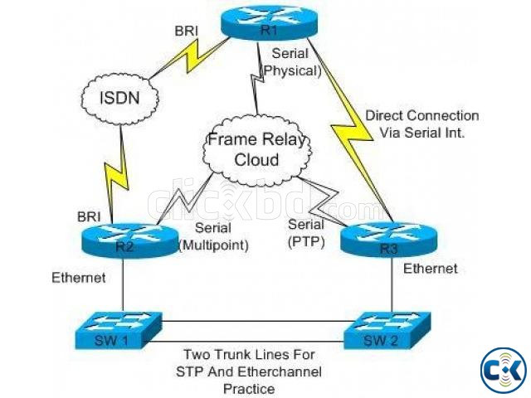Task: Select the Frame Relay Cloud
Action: click(x=257, y=149)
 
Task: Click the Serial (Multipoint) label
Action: click(x=214, y=236)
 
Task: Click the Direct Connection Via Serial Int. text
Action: click(x=422, y=124)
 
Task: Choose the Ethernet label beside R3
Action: click(x=431, y=269)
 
